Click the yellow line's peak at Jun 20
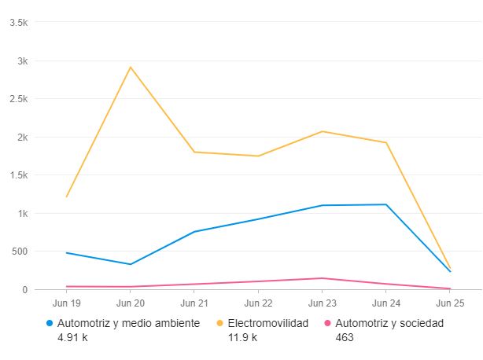130,67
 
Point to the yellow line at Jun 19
66,197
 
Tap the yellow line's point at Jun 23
322,131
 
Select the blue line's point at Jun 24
385,204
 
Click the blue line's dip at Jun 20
130,264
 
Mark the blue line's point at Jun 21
194,232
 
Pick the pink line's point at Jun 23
322,278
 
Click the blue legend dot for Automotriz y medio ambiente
50,323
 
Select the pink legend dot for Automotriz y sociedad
327,323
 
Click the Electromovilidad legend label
267,323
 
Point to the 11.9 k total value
242,337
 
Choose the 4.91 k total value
72,337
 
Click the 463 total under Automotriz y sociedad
345,337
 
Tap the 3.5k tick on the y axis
18,23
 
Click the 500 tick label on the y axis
19,252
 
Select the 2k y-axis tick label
22,138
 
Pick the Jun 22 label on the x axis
257,303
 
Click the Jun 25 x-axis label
449,303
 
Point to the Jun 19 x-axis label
66,303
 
